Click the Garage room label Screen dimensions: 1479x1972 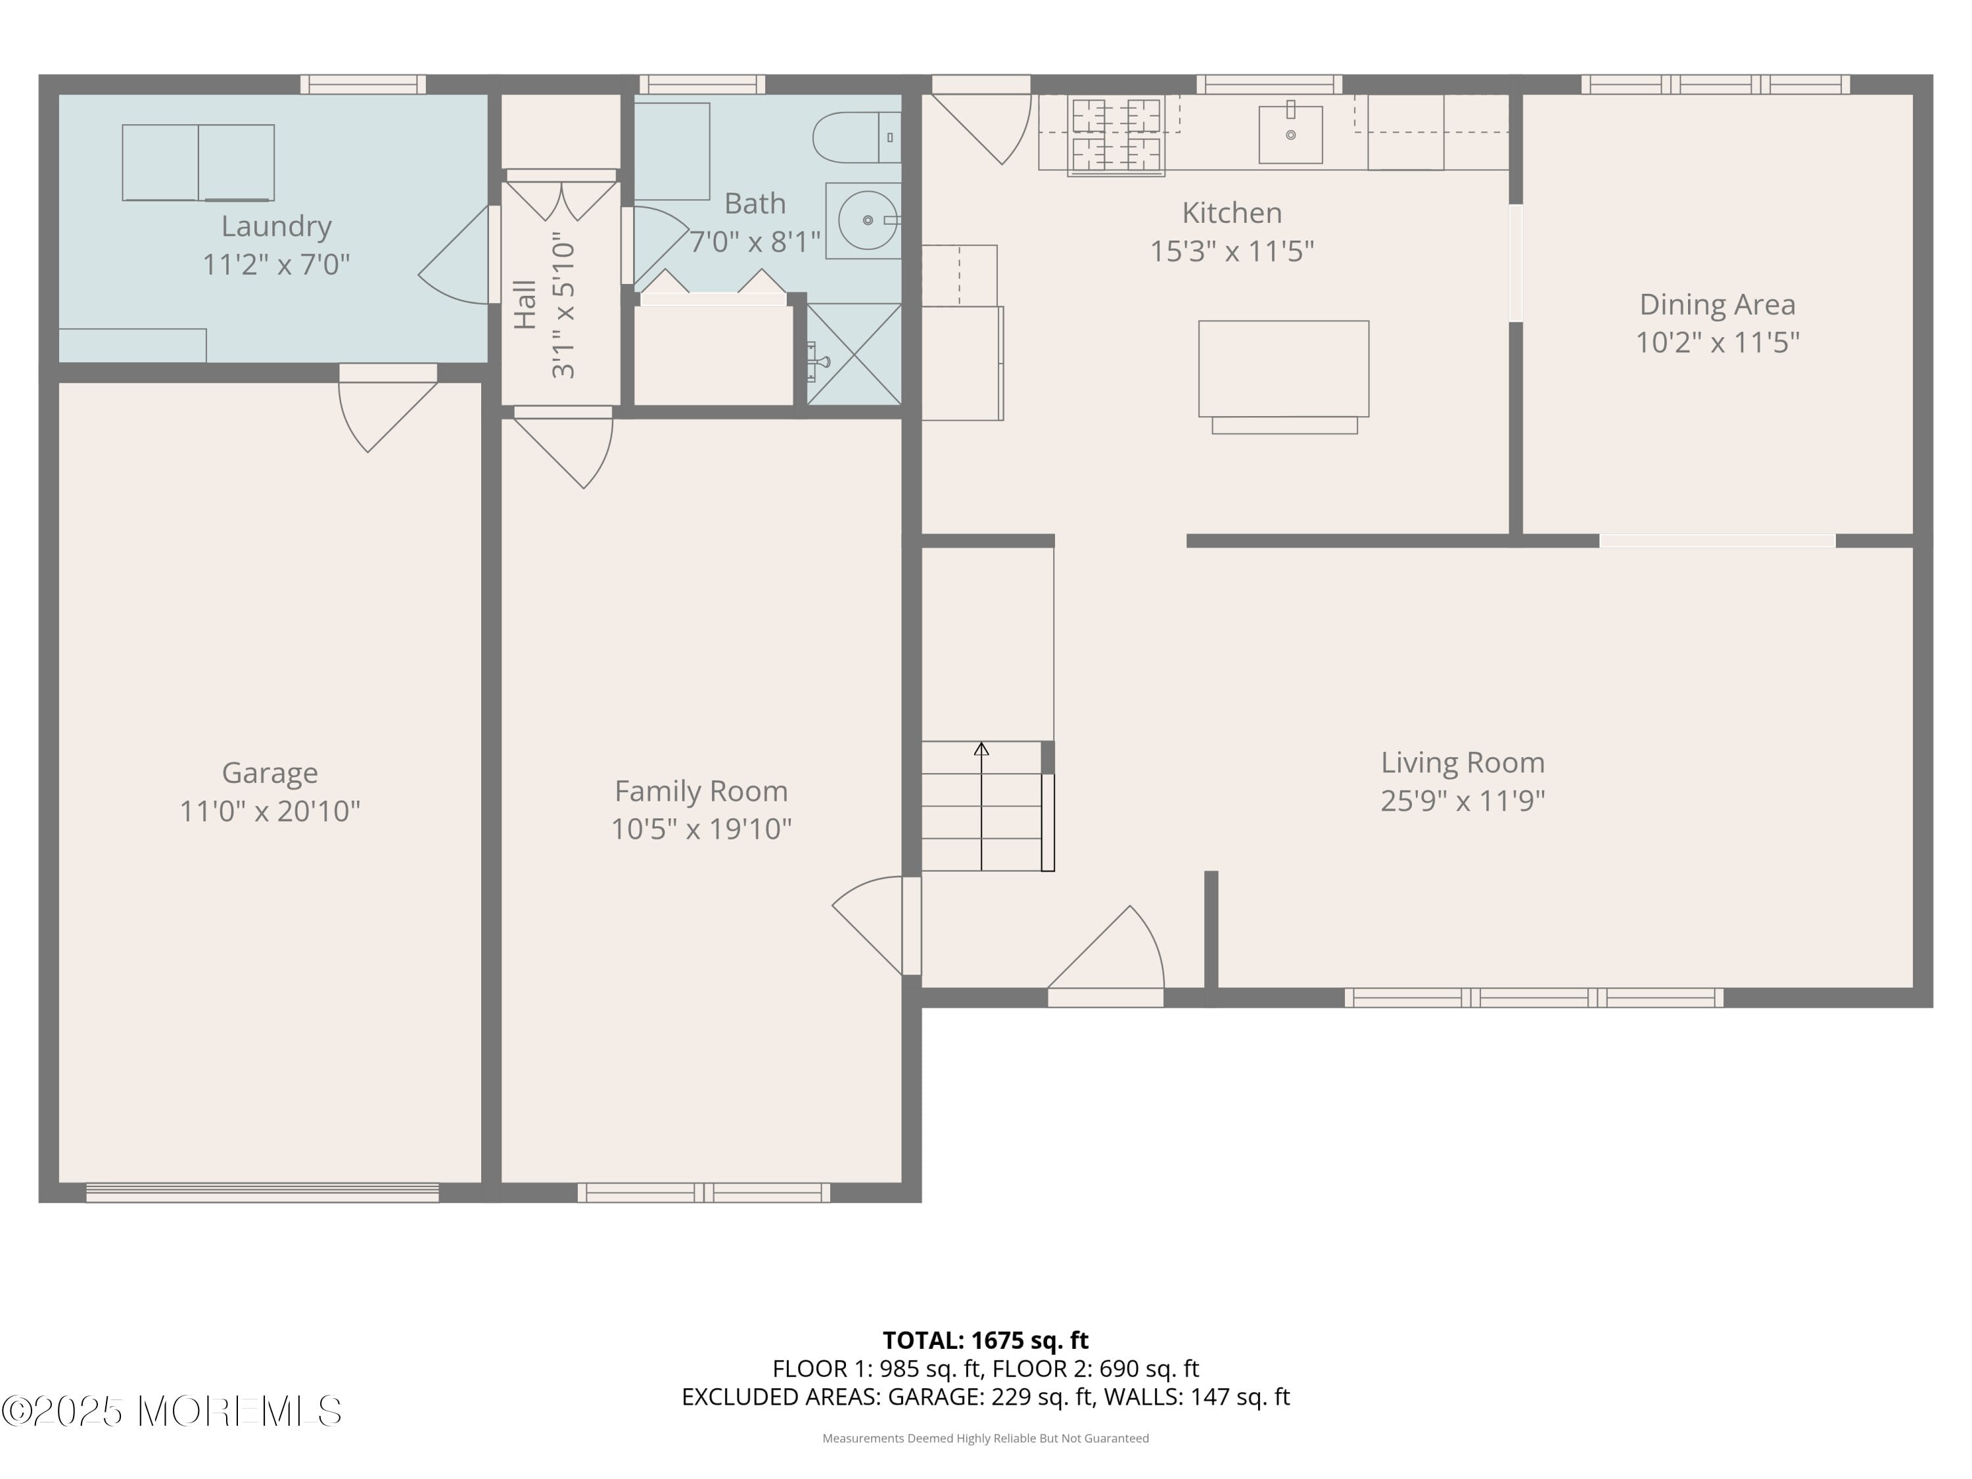[270, 772]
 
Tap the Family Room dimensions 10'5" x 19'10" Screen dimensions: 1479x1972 [701, 829]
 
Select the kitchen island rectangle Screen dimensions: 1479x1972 [1283, 368]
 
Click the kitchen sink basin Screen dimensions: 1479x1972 [1290, 135]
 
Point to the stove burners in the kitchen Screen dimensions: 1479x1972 [1116, 135]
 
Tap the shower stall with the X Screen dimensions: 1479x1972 [854, 354]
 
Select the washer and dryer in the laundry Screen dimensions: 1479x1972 [198, 162]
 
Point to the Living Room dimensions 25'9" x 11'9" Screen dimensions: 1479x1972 [1462, 801]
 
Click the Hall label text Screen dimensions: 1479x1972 [526, 305]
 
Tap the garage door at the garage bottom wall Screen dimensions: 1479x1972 [262, 1192]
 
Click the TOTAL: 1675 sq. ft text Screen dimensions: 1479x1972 [985, 1340]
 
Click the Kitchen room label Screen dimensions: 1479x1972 [1231, 213]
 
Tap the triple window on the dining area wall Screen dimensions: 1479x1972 [1714, 85]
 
